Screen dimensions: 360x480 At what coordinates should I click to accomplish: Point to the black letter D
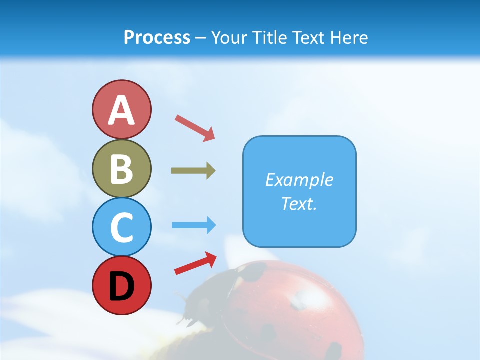121,286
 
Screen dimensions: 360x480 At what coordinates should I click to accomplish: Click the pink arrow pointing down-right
195,128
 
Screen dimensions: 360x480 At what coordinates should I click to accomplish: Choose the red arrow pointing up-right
195,263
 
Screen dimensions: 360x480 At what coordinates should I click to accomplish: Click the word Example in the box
299,180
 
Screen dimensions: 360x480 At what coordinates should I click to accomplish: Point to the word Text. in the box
299,204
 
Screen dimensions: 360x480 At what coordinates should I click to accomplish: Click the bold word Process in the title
157,37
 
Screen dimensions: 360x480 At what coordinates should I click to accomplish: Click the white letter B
121,169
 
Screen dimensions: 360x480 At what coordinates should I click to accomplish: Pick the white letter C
121,228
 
